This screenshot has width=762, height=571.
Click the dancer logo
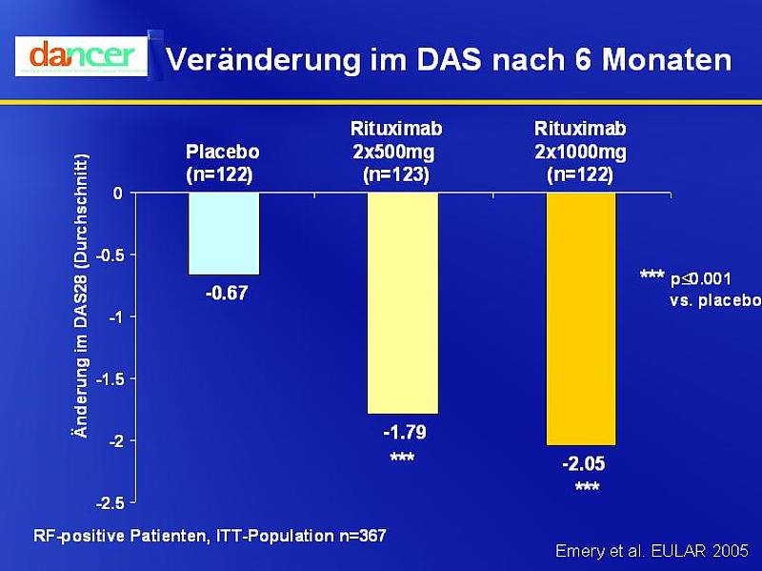point(81,55)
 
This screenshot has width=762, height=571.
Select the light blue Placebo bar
point(224,234)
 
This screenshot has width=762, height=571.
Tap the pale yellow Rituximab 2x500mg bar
point(403,303)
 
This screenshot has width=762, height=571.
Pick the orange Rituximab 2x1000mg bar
point(581,318)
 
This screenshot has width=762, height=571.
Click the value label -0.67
point(227,294)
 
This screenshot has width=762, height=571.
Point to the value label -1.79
point(404,434)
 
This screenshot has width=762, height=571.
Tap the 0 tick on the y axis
point(117,194)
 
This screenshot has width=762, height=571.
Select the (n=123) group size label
point(396,174)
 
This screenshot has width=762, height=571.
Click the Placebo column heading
point(223,151)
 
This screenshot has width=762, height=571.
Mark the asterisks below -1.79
point(402,459)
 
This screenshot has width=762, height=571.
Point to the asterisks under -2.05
point(587,488)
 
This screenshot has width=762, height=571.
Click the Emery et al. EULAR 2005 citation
point(652,551)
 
